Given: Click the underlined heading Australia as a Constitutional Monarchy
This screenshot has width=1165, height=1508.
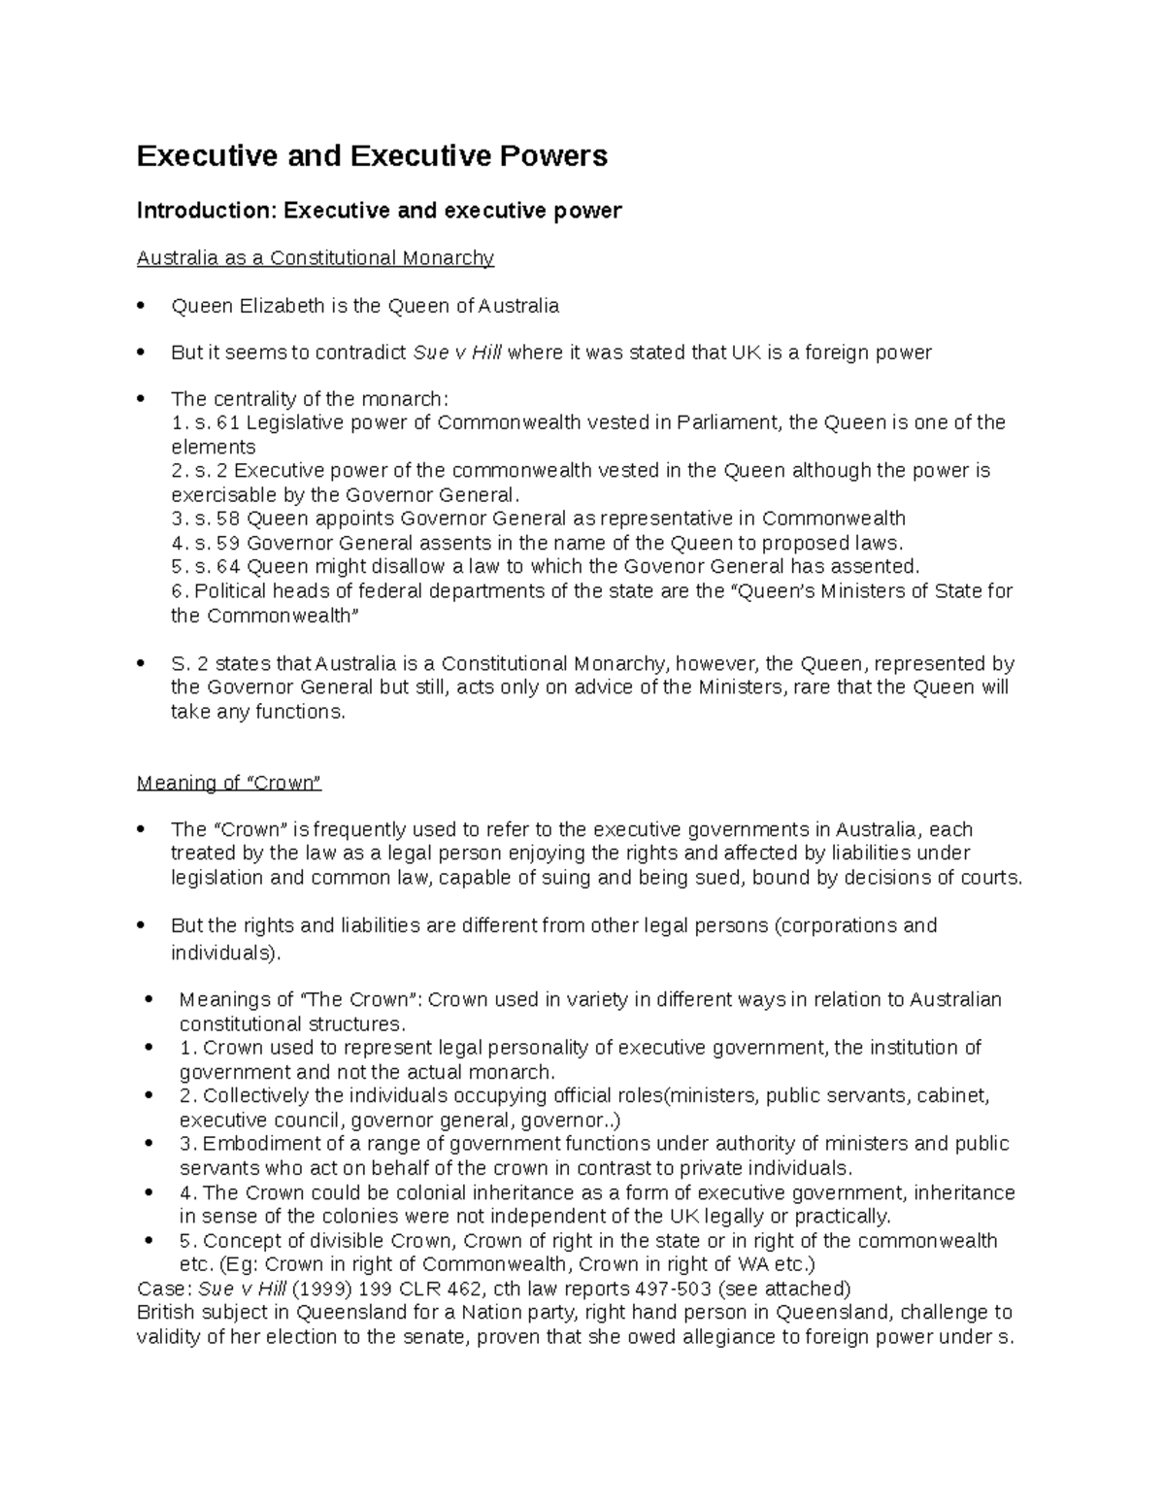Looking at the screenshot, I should click(316, 258).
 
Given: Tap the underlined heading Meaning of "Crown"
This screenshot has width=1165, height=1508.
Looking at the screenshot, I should click(229, 783).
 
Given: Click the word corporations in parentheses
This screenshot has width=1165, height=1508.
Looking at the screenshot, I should click(840, 925).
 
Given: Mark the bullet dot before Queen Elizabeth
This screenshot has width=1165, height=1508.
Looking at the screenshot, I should click(142, 306).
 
